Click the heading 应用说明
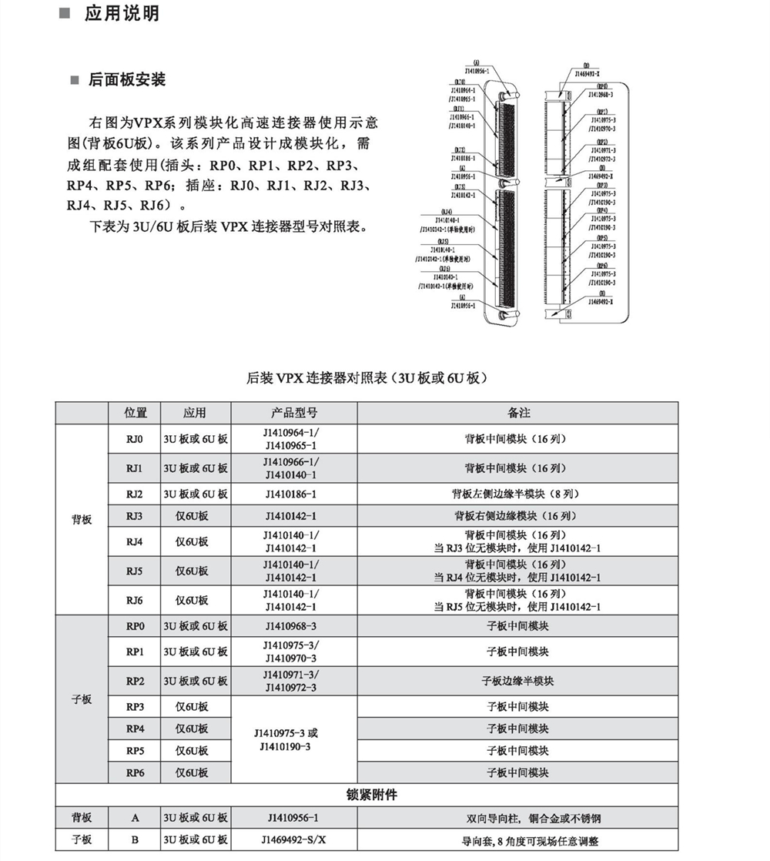point(122,14)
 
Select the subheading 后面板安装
point(127,80)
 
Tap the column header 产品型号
point(290,413)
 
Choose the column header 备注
point(518,413)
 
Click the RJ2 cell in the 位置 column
point(135,493)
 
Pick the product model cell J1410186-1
point(290,493)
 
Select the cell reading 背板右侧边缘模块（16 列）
point(518,516)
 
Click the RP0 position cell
point(135,626)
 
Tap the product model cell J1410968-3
point(290,626)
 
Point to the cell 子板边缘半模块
point(518,681)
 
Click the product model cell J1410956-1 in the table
point(290,818)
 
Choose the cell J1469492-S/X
point(290,840)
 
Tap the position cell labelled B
point(135,840)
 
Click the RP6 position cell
point(135,772)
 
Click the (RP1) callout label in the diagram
point(602,112)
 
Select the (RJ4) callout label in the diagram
point(447,211)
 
